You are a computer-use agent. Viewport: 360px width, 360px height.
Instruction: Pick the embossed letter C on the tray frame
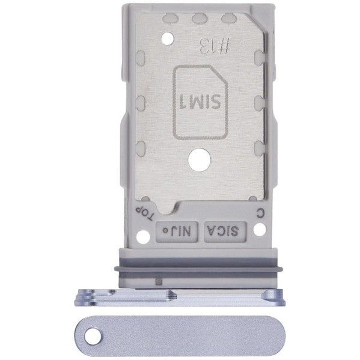click(259, 212)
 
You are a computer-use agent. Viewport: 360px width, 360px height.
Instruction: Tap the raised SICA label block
click(224, 230)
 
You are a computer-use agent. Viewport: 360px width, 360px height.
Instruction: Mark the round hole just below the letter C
click(259, 229)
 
